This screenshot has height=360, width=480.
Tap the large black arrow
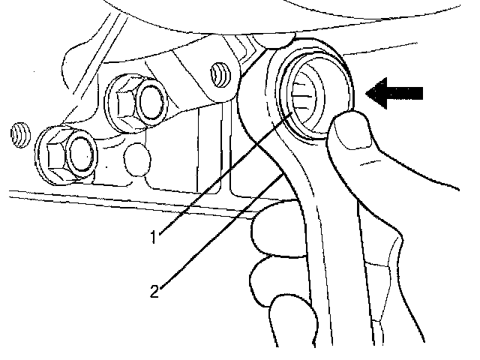pyautogui.click(x=394, y=93)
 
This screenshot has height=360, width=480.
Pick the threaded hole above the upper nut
pyautogui.click(x=220, y=73)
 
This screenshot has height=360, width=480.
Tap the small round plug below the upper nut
pyautogui.click(x=137, y=157)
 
